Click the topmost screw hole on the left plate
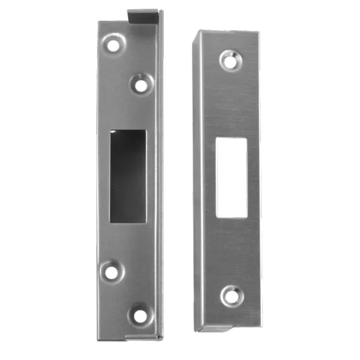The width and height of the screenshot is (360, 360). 113,46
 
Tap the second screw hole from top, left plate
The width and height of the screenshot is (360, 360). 141,86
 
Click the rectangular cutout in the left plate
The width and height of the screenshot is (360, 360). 127,176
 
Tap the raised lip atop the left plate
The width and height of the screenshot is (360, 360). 143,13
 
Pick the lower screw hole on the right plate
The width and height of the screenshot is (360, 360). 231,295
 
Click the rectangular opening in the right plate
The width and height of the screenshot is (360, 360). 231,177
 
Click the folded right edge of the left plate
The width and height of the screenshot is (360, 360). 160,176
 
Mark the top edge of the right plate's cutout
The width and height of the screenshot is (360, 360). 231,139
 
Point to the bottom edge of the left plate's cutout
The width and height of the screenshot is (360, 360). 127,221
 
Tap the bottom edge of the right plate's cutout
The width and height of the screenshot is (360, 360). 231,216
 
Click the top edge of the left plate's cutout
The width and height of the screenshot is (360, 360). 127,131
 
